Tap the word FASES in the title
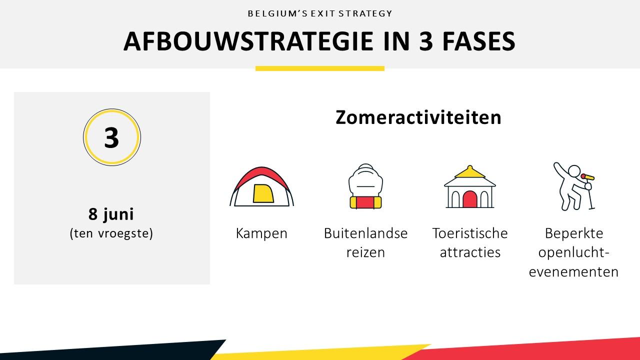tap(479, 41)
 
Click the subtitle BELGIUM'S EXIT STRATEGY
tap(320, 13)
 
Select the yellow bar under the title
tap(320, 68)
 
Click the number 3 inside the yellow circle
tap(111, 137)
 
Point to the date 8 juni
tap(111, 214)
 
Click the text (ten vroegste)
tap(111, 233)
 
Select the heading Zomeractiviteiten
tap(418, 117)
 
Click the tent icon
tap(261, 186)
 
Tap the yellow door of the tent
tap(263, 193)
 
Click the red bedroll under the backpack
tap(365, 202)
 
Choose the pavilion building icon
tap(470, 186)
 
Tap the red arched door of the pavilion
tap(470, 199)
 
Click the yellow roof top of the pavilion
tap(470, 171)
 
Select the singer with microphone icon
tap(574, 186)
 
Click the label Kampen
tap(261, 233)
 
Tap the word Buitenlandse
tap(365, 233)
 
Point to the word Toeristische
tap(470, 233)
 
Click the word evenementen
tap(573, 271)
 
